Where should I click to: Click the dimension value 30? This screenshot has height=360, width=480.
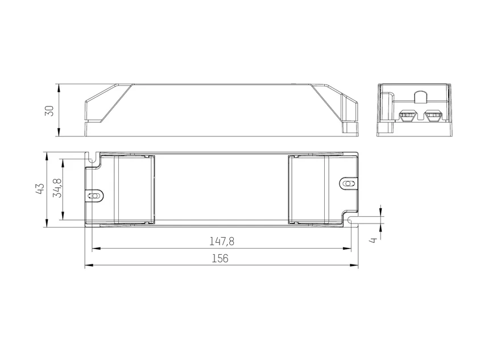click(49, 110)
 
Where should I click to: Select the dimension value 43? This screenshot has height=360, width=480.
click(40, 189)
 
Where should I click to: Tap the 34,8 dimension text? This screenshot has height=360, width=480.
click(57, 188)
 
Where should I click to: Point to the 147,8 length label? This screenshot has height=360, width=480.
click(222, 242)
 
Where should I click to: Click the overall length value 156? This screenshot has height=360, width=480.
click(220, 258)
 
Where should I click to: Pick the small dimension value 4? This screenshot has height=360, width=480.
click(373, 241)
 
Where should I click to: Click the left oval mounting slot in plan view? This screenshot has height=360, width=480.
click(94, 196)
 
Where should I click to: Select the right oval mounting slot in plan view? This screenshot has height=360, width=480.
click(349, 184)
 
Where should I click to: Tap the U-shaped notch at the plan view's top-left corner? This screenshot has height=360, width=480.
click(92, 158)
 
